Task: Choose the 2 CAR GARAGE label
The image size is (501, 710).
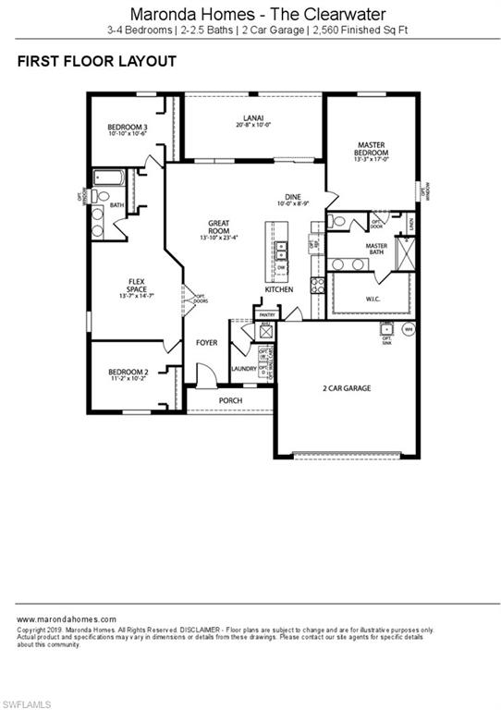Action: coord(347,388)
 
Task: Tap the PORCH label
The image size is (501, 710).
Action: coord(230,400)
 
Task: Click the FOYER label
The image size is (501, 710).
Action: coord(207,343)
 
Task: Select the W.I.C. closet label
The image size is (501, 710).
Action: coord(372,298)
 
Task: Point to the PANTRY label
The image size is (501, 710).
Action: coord(267,315)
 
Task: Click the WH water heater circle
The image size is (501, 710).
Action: coord(409,328)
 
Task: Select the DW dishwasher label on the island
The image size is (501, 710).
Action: coord(281,267)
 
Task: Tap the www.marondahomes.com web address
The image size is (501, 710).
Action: coord(67,618)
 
